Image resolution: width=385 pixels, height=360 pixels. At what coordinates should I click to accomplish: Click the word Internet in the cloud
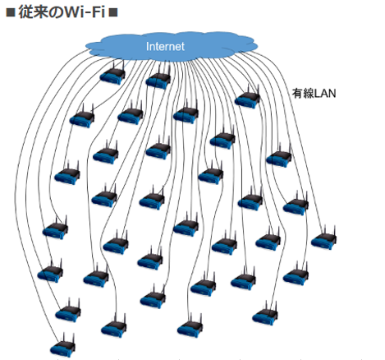(165, 46)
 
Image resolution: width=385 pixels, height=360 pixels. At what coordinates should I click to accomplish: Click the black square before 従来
(11, 12)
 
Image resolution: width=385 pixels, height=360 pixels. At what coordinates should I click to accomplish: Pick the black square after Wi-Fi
(113, 12)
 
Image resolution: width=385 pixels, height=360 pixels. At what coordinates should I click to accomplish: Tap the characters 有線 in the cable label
(302, 94)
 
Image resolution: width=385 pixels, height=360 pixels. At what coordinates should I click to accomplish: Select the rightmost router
(324, 238)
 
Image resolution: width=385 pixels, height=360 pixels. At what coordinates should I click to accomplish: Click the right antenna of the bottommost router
(73, 338)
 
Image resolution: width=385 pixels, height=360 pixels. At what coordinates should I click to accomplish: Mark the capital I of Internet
(147, 46)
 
